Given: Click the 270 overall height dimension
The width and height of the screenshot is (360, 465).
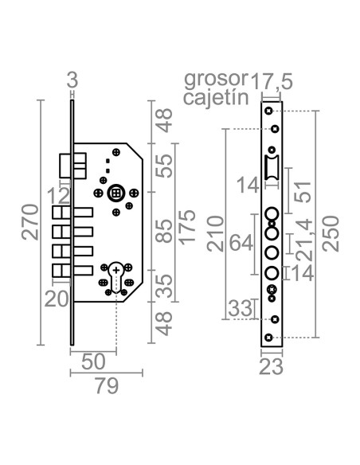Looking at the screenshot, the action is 30,222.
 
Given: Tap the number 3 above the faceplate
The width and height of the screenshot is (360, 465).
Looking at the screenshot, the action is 72,80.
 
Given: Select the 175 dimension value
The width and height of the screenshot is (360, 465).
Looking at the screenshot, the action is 188,228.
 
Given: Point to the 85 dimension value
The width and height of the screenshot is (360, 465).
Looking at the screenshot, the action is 164,231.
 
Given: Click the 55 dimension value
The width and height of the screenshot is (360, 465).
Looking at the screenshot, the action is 164,166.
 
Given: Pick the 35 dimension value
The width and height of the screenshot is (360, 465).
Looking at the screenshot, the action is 164,286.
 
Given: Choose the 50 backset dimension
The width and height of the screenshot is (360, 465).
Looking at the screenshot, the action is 93,361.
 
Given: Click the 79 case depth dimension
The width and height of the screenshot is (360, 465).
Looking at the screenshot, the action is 107,386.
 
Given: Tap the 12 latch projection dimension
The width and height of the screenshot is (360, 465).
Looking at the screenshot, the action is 59,196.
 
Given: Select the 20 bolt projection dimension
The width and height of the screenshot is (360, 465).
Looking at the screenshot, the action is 57,299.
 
